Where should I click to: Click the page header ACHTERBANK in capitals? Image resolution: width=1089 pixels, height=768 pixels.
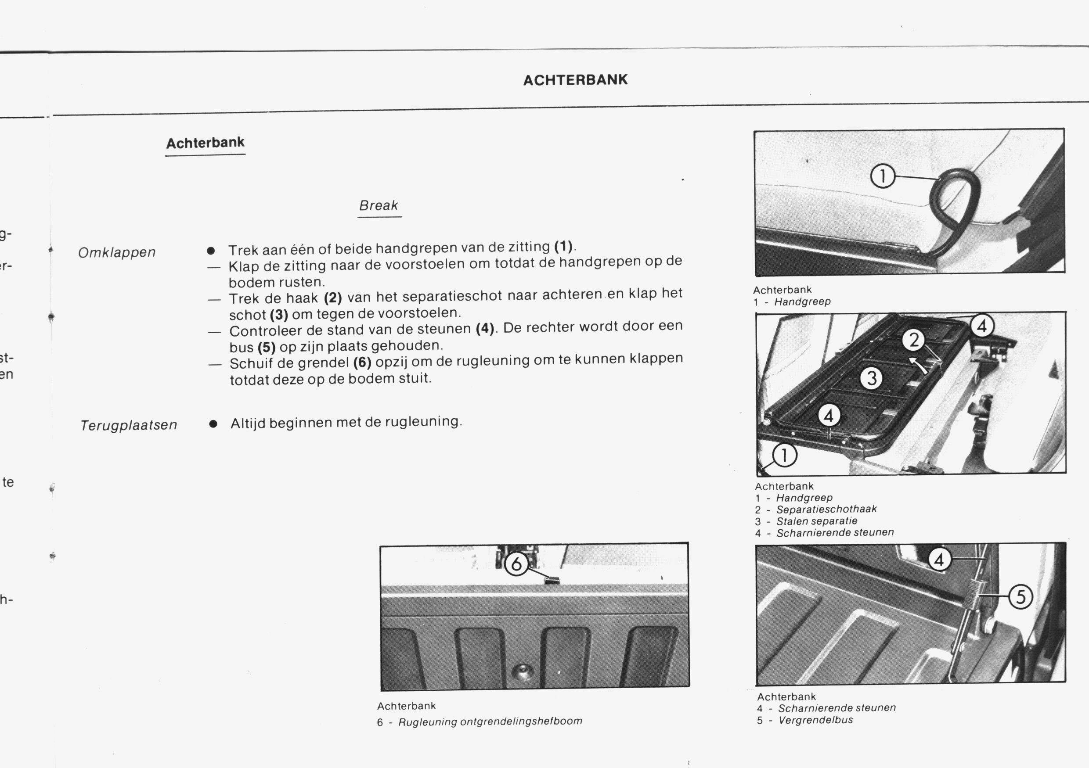click(x=575, y=79)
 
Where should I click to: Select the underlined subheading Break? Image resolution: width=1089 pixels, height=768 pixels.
click(x=379, y=206)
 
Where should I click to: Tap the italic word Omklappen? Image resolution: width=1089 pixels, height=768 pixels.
click(x=117, y=252)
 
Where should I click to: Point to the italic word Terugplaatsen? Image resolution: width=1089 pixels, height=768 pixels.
click(x=129, y=425)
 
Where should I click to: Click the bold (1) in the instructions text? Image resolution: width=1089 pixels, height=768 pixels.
click(x=563, y=247)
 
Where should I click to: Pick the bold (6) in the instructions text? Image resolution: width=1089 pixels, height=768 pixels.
click(x=362, y=363)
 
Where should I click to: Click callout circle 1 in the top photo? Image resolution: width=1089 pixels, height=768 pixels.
click(x=882, y=176)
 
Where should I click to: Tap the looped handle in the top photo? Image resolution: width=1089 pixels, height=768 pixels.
click(x=953, y=199)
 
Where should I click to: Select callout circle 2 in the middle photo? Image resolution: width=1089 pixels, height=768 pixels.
click(x=913, y=340)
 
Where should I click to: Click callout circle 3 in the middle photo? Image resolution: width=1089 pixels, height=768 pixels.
click(x=872, y=379)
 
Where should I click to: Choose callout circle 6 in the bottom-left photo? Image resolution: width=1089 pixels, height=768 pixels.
click(x=516, y=563)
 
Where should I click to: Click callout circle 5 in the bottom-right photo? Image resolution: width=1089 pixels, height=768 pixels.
click(x=1020, y=596)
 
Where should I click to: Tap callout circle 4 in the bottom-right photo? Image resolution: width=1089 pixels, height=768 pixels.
click(x=939, y=560)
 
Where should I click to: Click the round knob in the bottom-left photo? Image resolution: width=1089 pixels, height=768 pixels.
click(x=522, y=671)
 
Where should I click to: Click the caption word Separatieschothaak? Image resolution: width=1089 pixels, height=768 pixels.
click(x=826, y=509)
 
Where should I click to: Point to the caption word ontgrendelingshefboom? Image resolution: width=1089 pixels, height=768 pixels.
click(x=521, y=721)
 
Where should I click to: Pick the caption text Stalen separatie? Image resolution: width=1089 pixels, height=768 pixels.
click(x=816, y=521)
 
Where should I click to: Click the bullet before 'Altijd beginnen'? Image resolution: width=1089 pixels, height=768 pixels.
click(x=213, y=424)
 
